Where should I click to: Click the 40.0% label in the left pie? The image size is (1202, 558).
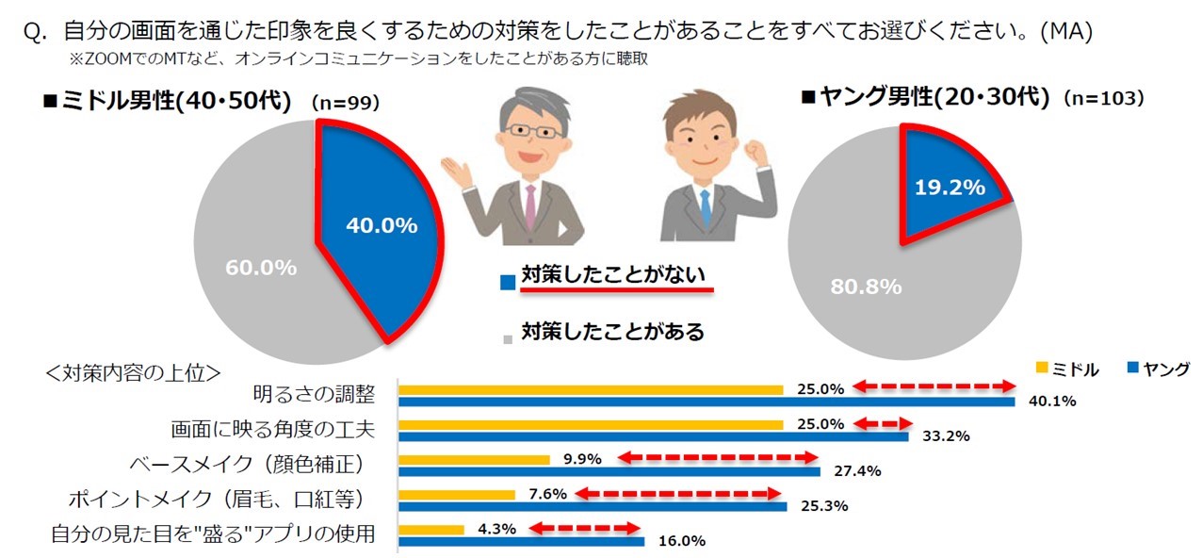(382, 225)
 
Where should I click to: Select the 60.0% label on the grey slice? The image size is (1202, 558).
(261, 268)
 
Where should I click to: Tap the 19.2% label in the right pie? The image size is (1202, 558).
(950, 188)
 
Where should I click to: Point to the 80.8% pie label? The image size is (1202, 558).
(866, 287)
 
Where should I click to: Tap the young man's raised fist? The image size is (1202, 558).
(755, 152)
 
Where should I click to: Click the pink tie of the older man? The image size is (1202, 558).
(530, 206)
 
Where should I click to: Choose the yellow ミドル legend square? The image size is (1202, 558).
(1042, 368)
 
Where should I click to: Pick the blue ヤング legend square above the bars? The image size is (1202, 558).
(1133, 368)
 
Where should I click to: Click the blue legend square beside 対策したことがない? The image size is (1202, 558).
(507, 283)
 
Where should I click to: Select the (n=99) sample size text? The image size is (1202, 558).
(346, 102)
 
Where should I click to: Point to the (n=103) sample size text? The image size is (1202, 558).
(1105, 98)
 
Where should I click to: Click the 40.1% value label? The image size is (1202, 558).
(1052, 402)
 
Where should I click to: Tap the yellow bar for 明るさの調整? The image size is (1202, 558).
(591, 390)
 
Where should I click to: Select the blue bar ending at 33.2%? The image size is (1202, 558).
(654, 436)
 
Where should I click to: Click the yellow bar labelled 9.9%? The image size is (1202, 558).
(475, 460)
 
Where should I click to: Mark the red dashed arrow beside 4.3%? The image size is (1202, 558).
(584, 529)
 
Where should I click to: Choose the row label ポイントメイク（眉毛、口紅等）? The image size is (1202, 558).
(217, 500)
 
